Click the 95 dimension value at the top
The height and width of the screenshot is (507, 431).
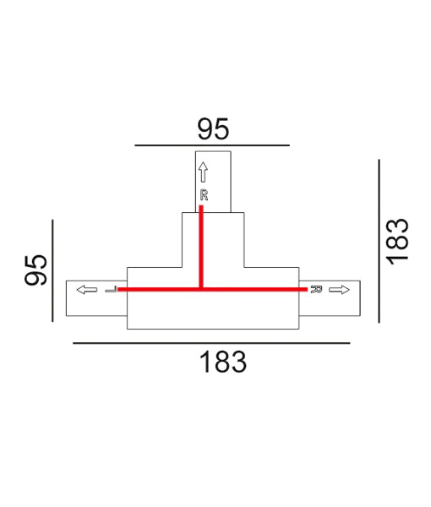(213, 128)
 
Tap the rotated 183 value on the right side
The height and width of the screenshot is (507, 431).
(396, 241)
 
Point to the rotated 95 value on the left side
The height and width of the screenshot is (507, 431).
(35, 269)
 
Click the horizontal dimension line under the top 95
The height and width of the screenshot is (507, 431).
(213, 145)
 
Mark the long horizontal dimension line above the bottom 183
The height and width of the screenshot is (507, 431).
(211, 343)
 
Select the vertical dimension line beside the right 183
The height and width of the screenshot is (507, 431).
(379, 241)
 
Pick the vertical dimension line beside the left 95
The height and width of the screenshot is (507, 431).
(52, 269)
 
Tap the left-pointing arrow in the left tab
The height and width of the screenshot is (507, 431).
(85, 290)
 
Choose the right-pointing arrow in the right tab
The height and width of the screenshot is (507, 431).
(340, 290)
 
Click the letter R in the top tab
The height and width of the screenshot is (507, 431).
(203, 195)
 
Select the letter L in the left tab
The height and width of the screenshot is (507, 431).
(111, 290)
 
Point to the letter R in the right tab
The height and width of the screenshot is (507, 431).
(316, 290)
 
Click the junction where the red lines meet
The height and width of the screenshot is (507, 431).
(201, 289)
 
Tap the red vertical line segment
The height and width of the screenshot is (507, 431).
(201, 249)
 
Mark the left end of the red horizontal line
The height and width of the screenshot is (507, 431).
(119, 289)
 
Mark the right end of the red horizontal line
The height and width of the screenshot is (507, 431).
(305, 289)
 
